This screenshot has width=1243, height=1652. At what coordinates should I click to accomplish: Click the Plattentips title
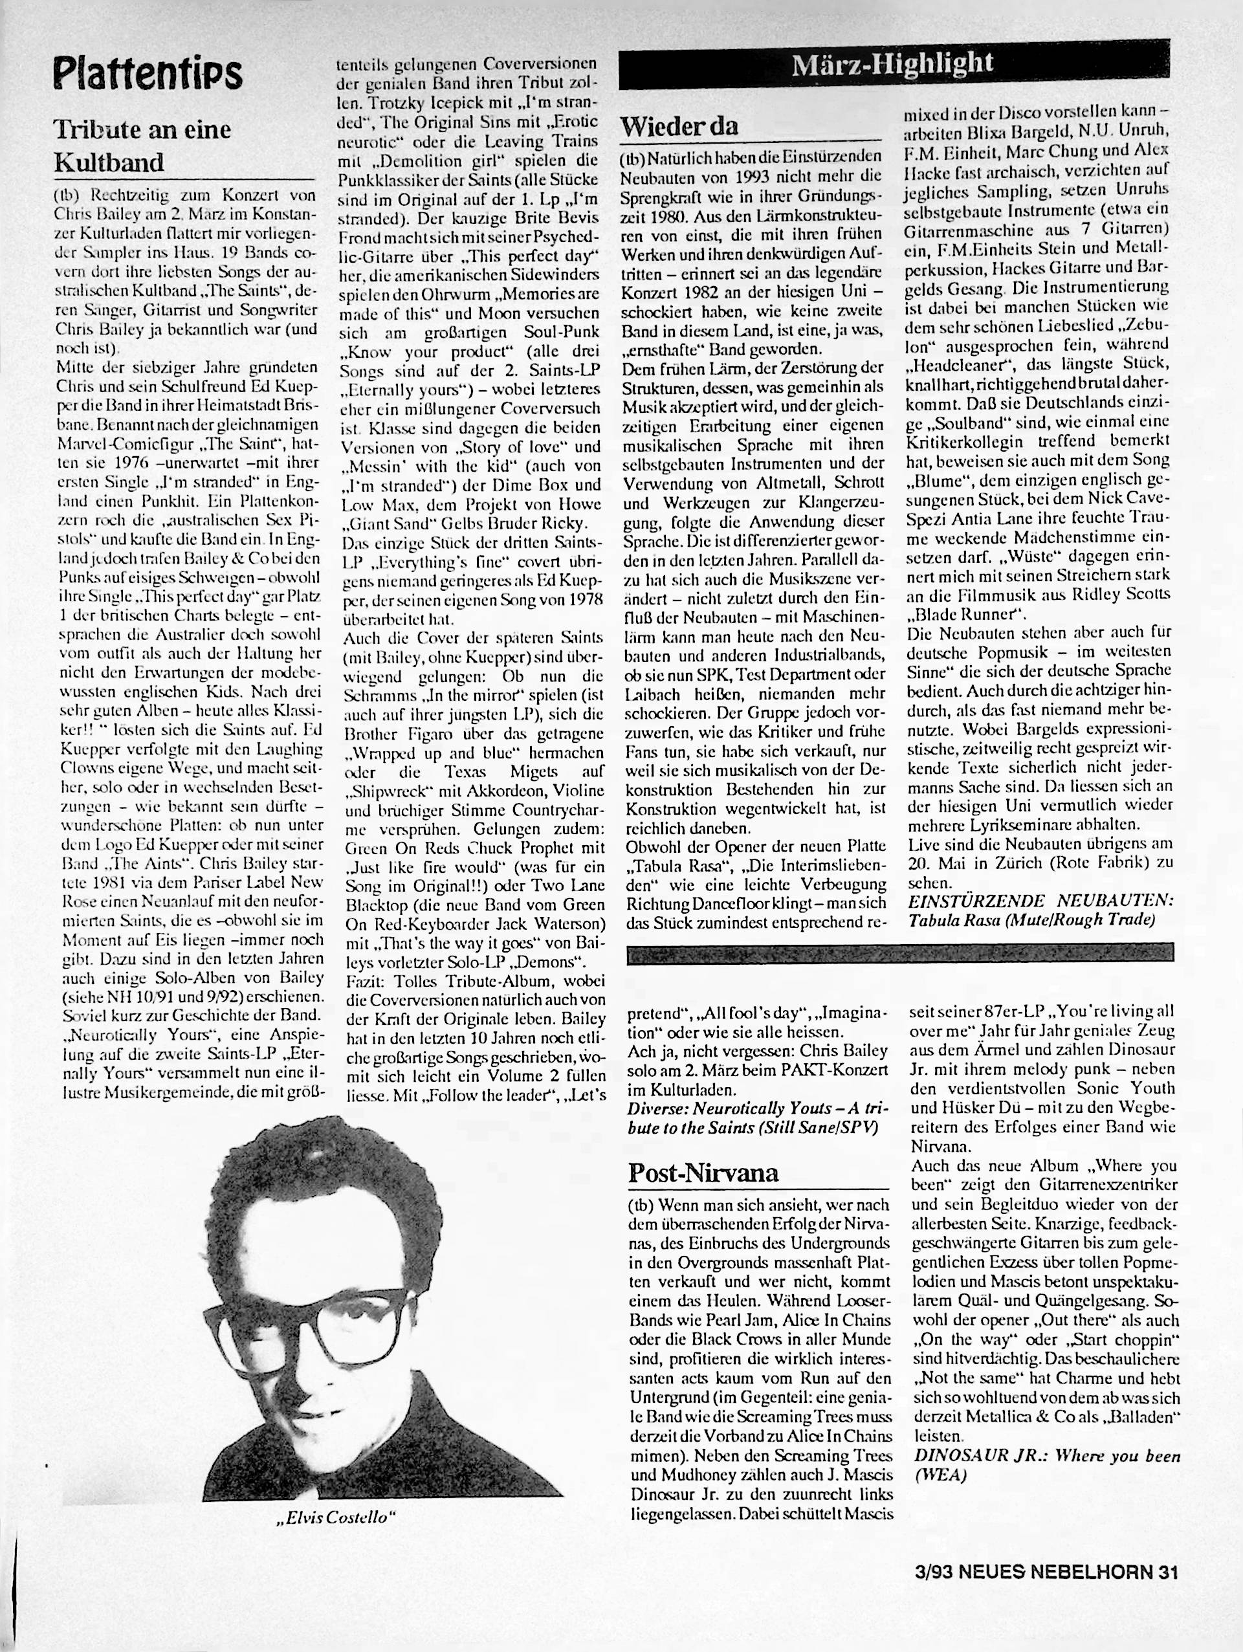pyautogui.click(x=148, y=74)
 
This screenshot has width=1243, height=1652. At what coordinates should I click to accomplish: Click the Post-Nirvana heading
pyautogui.click(x=703, y=1172)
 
